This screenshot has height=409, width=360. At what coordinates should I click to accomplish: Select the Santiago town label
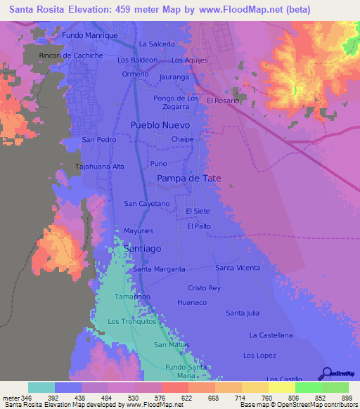pyautogui.click(x=142, y=249)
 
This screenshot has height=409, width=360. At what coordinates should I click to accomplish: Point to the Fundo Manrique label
pyautogui.click(x=89, y=34)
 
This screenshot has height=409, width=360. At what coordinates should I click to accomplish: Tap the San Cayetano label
pyautogui.click(x=147, y=204)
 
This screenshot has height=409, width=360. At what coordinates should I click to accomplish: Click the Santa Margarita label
pyautogui.click(x=159, y=269)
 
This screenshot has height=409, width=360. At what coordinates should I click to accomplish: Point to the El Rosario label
pyautogui.click(x=224, y=100)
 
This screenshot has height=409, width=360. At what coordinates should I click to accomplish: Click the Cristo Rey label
pyautogui.click(x=205, y=288)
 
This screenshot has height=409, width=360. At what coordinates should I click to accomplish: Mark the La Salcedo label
pyautogui.click(x=156, y=44)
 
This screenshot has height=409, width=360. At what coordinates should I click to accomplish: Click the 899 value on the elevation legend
pyautogui.click(x=340, y=398)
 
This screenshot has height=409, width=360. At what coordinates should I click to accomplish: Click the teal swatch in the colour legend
pyautogui.click(x=41, y=387)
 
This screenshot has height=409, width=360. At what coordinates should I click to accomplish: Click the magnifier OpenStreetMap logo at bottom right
pyautogui.click(x=326, y=373)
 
